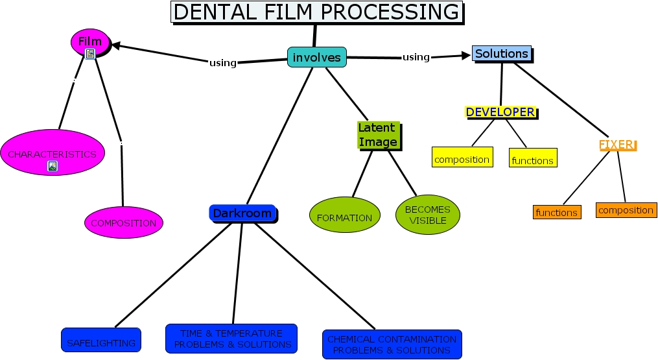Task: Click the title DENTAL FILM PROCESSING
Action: point(316,12)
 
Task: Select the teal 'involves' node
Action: point(316,57)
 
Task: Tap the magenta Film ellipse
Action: point(90,43)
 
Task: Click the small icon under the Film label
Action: point(90,54)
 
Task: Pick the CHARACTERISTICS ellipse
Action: point(52,152)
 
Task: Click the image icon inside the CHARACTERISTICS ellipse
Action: point(52,166)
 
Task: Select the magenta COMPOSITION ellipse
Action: point(123,222)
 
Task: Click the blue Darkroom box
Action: point(242,213)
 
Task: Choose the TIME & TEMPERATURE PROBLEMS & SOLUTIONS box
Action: point(231,339)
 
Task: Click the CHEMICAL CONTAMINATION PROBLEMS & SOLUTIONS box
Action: point(392,344)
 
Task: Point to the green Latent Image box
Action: point(377,135)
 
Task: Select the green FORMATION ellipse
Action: point(344,218)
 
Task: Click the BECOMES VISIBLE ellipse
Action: point(427,215)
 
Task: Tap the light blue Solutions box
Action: point(501,54)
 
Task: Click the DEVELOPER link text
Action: point(500,112)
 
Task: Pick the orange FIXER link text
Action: point(617,145)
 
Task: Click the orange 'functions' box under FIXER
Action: point(556,212)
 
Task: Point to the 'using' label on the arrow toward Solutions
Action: point(416,57)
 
